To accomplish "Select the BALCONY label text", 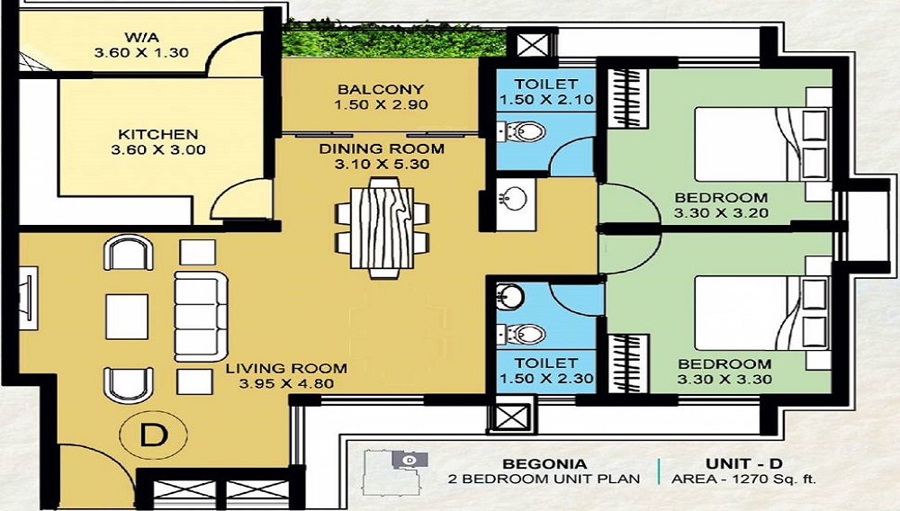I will coord(381,89).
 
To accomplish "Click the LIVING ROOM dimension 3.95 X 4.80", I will coord(286,384).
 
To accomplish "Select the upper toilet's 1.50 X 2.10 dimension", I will coord(547,100).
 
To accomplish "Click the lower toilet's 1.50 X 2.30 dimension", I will coord(547,378).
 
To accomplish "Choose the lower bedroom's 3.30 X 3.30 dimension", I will coord(724,380).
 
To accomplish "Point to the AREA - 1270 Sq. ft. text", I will coord(743,480).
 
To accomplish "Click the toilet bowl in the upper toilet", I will coord(524,133).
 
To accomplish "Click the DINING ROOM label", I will coord(382,148).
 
